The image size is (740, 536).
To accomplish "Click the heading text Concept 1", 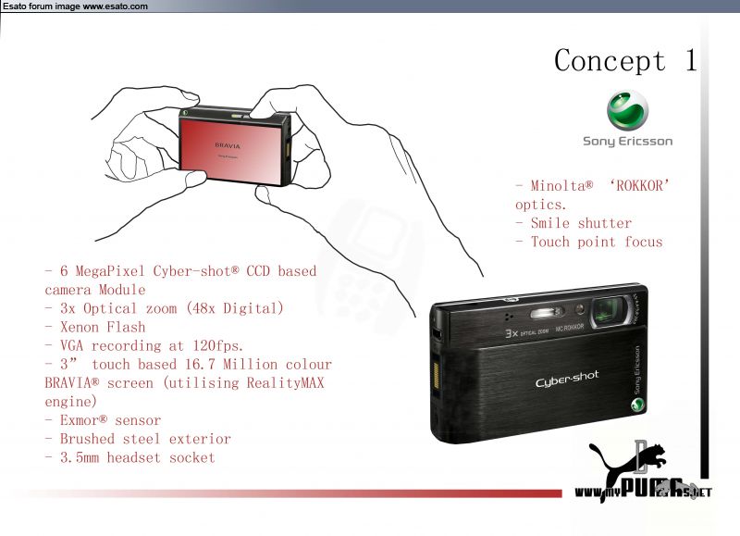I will [x=625, y=61].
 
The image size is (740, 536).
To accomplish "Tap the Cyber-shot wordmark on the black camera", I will [x=567, y=381].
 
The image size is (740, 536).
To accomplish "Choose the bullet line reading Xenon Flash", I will [x=95, y=327].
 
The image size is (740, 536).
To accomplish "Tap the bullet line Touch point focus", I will [x=589, y=242].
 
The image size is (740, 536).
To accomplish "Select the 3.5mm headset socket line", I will [x=129, y=457].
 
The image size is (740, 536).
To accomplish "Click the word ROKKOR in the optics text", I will [x=638, y=186].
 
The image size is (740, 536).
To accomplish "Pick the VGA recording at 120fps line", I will [x=143, y=345].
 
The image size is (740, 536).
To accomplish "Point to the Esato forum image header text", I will [x=74, y=6].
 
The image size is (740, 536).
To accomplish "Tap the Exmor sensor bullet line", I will [x=103, y=420].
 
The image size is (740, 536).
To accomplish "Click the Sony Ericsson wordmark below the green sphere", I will [x=627, y=142].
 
